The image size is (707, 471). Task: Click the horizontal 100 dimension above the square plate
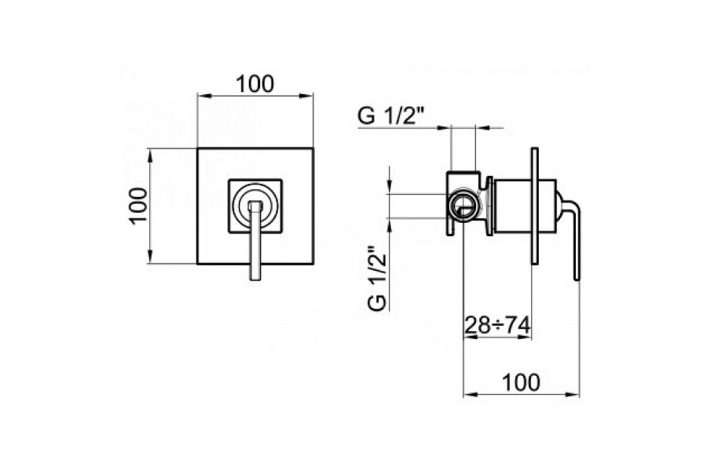[x=255, y=84]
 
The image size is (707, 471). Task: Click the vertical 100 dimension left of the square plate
[x=138, y=206]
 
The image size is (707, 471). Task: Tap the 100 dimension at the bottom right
[x=521, y=383]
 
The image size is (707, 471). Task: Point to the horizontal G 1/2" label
[x=391, y=116]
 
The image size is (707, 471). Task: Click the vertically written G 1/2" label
[x=377, y=278]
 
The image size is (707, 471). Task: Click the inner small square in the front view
[x=255, y=206]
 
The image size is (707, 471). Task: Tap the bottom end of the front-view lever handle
[x=255, y=279]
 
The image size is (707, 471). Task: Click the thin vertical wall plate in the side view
[x=535, y=205]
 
